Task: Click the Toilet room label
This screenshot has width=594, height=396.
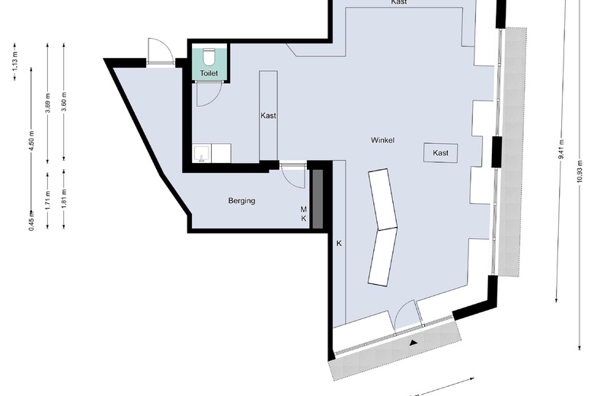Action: (209, 73)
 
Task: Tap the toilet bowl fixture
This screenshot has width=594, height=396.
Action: (209, 56)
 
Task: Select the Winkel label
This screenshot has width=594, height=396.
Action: (382, 141)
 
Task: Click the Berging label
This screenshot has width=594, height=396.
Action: (241, 201)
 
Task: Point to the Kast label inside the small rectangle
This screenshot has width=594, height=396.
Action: (440, 153)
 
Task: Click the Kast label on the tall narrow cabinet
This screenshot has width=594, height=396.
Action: (268, 116)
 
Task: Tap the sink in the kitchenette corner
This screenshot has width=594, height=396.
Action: (201, 155)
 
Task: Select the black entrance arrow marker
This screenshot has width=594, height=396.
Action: (414, 343)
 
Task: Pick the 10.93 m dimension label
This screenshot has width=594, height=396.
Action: (580, 174)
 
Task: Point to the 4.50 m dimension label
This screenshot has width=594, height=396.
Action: (31, 145)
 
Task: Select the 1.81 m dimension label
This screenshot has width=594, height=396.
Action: (64, 198)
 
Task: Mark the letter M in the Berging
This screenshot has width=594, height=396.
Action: (303, 209)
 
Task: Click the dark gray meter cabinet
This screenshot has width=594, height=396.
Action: (318, 198)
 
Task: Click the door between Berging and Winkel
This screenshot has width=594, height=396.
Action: (292, 174)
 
